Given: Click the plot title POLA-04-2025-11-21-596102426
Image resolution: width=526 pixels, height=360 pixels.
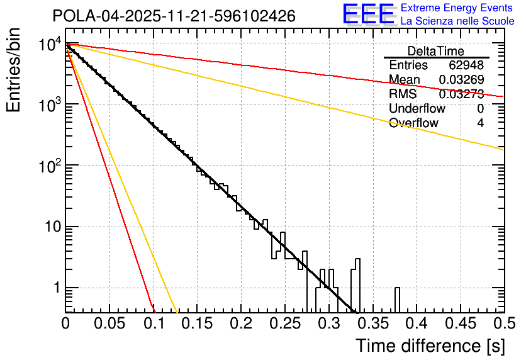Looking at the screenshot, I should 174,16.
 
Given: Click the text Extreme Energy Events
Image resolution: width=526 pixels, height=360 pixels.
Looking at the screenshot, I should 457,8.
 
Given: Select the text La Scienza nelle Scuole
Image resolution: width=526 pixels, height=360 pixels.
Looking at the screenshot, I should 457,21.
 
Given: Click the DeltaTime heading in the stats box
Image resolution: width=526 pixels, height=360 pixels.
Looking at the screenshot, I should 436,51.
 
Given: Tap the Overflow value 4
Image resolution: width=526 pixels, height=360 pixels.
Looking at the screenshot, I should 480,123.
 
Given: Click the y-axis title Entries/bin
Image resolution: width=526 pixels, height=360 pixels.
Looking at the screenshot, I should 14,70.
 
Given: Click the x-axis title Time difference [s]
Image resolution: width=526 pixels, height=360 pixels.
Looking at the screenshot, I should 430,346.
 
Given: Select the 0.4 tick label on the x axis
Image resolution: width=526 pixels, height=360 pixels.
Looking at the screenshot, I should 416,323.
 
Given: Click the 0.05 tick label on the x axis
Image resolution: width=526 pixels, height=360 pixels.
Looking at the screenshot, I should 109,323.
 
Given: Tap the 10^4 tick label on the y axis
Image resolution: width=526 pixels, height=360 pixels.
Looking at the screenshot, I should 50,44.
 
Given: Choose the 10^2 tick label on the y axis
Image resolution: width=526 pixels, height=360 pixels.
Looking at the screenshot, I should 50,166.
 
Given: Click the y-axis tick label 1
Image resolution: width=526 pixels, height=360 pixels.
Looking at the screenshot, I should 57,288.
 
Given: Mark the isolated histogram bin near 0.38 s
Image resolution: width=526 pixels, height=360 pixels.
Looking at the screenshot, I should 398,300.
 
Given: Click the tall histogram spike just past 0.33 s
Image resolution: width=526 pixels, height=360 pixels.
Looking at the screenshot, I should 357,283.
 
